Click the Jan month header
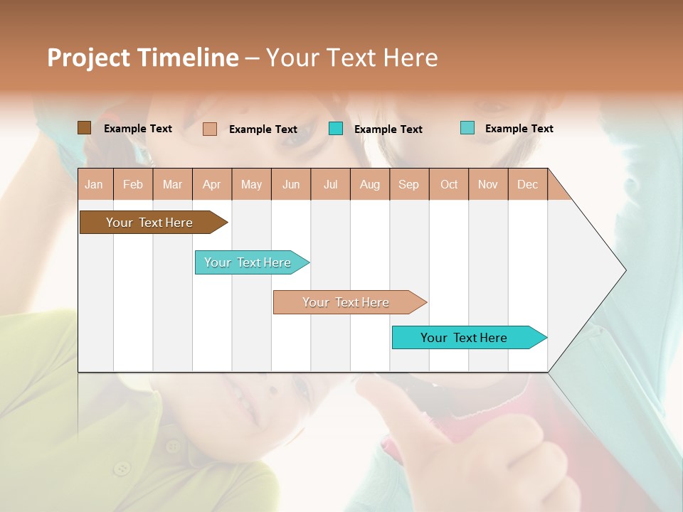pyautogui.click(x=94, y=184)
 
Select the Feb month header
pyautogui.click(x=133, y=184)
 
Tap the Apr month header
pyautogui.click(x=212, y=184)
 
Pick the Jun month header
pyautogui.click(x=291, y=184)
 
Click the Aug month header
pyautogui.click(x=370, y=184)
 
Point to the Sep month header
pyautogui.click(x=408, y=184)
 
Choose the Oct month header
pyautogui.click(x=449, y=184)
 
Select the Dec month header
pyautogui.click(x=527, y=184)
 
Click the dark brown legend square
pyautogui.click(x=84, y=128)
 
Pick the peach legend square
pyautogui.click(x=209, y=129)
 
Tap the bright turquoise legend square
pyautogui.click(x=336, y=129)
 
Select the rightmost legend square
pyautogui.click(x=467, y=128)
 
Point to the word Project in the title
pyautogui.click(x=88, y=58)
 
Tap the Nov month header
pyautogui.click(x=488, y=184)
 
